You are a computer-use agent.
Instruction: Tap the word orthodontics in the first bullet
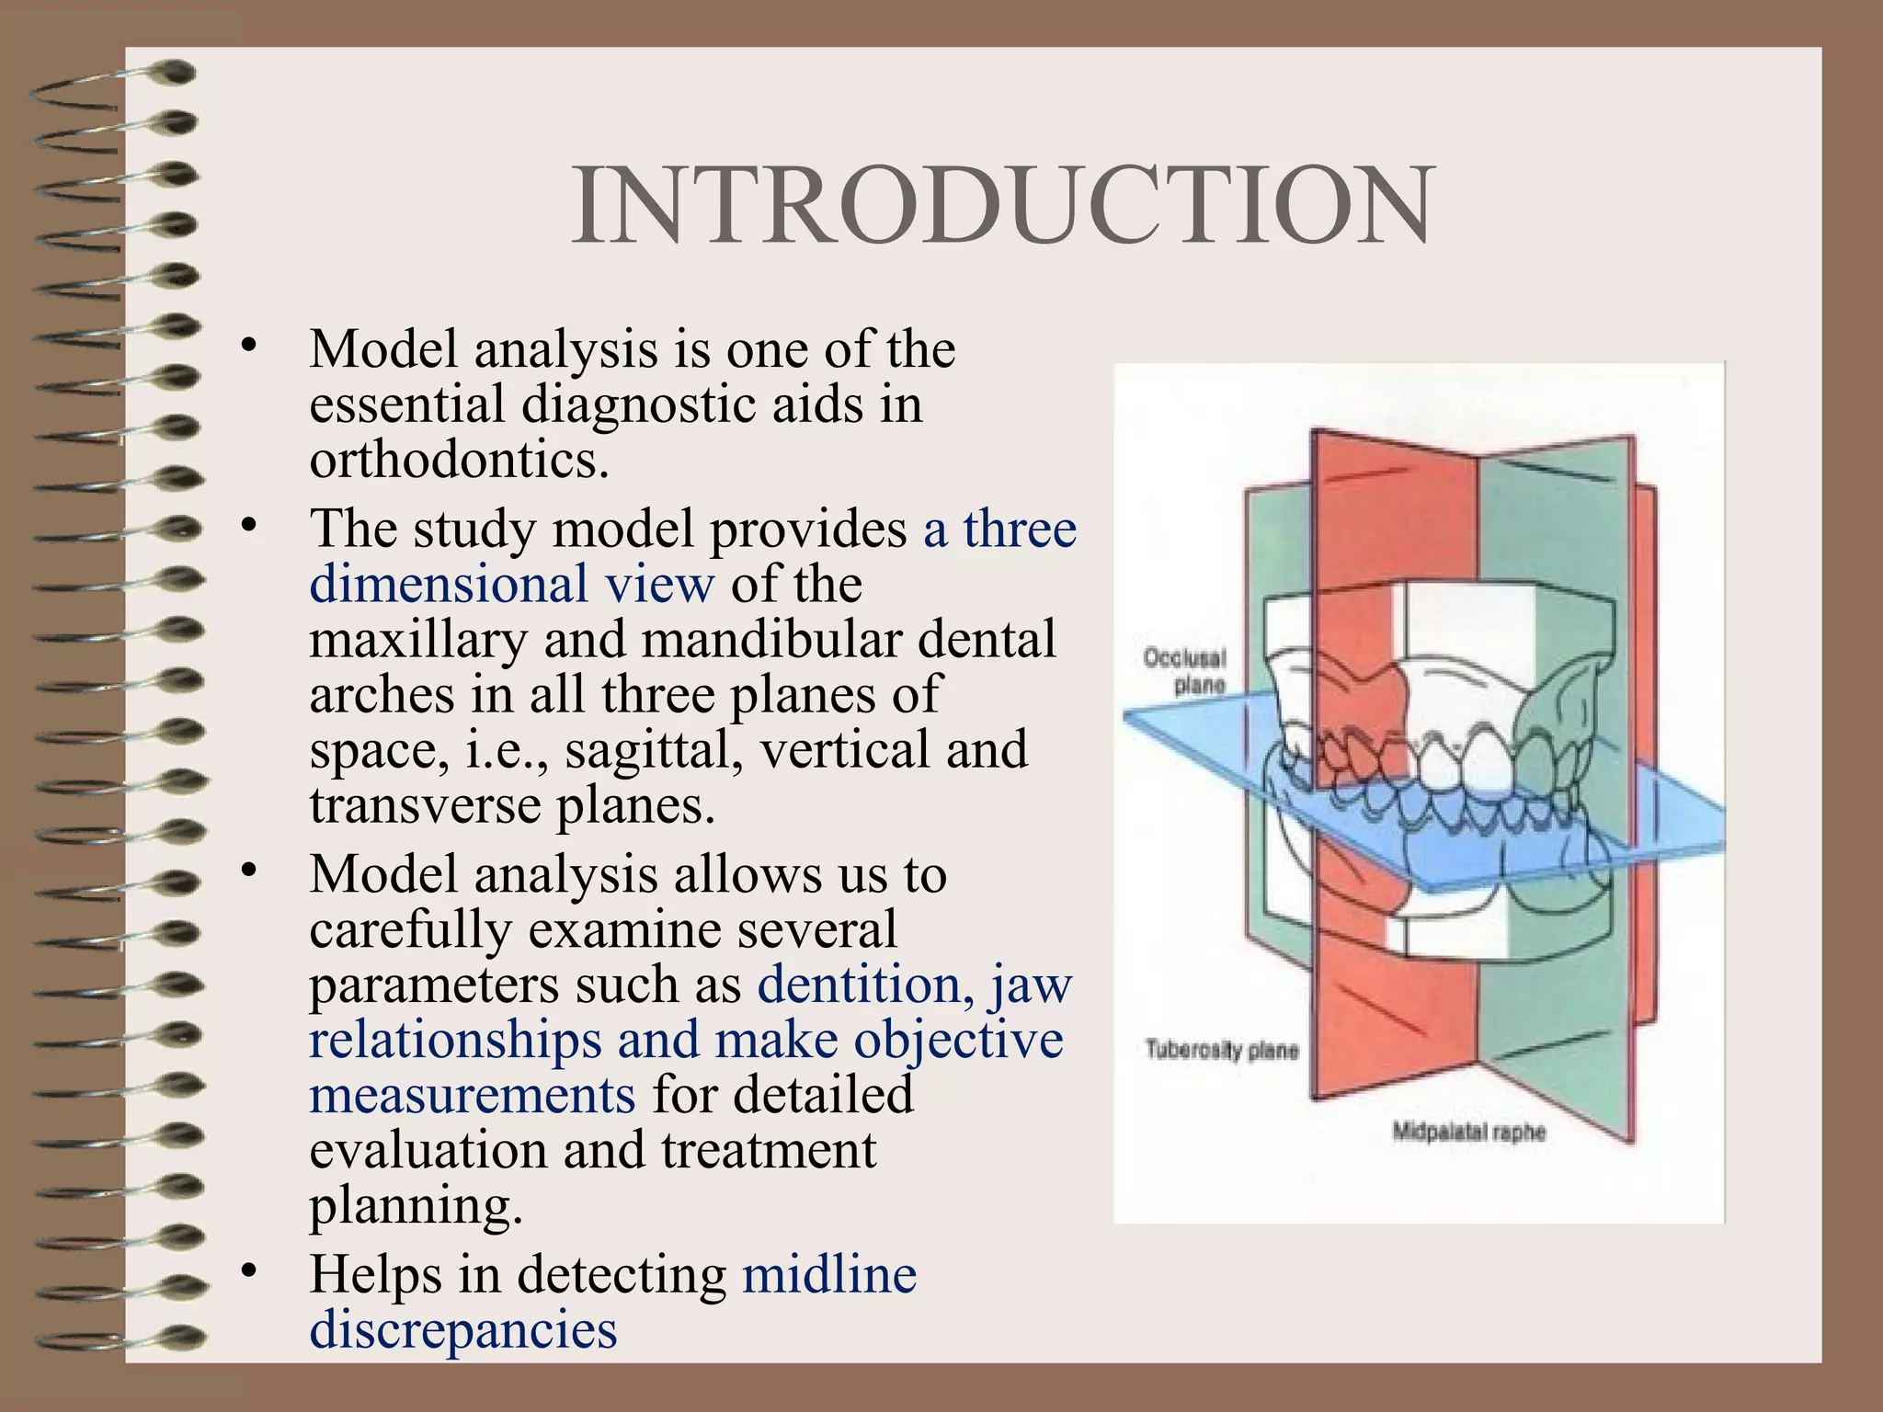coord(458,460)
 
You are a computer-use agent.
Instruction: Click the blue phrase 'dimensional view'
coord(511,585)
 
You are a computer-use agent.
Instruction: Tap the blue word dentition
coord(864,985)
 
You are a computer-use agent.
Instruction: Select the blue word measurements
coord(472,1096)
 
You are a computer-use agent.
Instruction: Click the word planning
coord(415,1206)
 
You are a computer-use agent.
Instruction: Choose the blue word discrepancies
coord(462,1330)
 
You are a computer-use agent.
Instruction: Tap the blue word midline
coord(829,1275)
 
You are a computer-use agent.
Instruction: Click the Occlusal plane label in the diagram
coord(1185,671)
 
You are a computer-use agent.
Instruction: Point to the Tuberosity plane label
coord(1221,1050)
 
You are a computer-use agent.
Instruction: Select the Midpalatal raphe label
coord(1468,1132)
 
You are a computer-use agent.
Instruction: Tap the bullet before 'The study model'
coord(247,525)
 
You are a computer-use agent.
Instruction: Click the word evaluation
coord(428,1151)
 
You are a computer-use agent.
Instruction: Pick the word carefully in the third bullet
coord(410,930)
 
